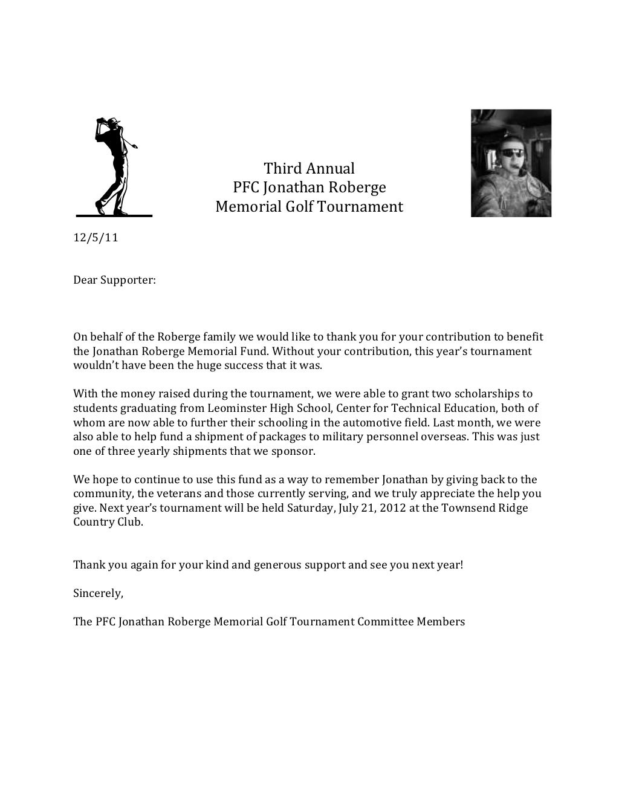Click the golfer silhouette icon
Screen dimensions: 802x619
tap(114, 165)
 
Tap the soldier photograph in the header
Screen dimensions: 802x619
tap(511, 163)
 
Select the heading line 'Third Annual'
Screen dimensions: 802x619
tap(309, 168)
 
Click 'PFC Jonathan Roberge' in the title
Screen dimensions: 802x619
tap(309, 187)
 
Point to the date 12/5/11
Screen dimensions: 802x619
tap(96, 238)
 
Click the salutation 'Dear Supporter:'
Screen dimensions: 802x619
tap(114, 281)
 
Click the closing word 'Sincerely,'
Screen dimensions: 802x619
tap(98, 593)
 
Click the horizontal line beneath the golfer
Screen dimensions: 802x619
tap(114, 215)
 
